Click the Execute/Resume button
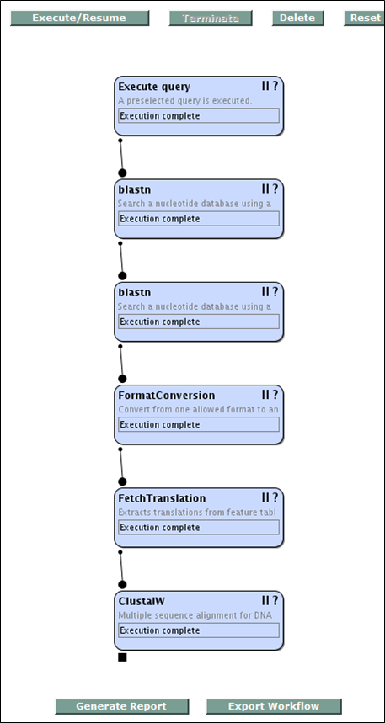pos(79,18)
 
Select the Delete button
pos(297,18)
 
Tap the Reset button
pos(365,18)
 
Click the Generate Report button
pos(122,706)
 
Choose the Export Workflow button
pos(274,706)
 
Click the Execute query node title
pos(154,87)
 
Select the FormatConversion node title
pos(167,396)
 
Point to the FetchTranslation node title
pos(162,498)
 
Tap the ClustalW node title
pos(142,601)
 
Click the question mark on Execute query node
pos(275,86)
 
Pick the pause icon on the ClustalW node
pos(265,600)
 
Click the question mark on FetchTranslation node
pos(275,497)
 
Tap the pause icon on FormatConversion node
pos(265,395)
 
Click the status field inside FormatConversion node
pos(199,425)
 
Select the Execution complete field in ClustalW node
pos(199,630)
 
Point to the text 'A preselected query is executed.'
pos(185,100)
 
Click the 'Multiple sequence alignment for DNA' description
pos(195,615)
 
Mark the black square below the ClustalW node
pos(122,657)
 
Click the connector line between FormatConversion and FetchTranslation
pos(121,465)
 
